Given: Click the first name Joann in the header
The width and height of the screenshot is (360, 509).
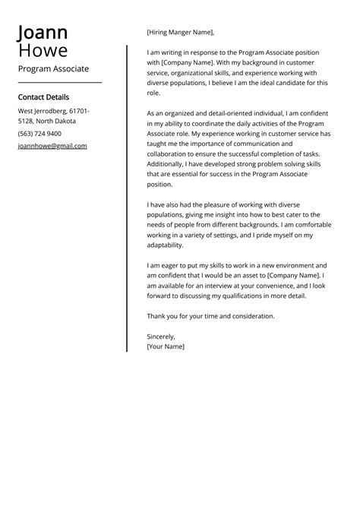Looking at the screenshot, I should [x=43, y=33].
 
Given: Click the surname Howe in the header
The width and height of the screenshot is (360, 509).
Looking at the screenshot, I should [x=43, y=50].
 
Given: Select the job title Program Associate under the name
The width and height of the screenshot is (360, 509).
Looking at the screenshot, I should [x=53, y=68].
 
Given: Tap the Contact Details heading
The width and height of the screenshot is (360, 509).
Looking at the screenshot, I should [x=43, y=97].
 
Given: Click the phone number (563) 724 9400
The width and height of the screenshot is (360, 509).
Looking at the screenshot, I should [x=39, y=134].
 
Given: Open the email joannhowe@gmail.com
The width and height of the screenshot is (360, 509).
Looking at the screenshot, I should [x=52, y=146].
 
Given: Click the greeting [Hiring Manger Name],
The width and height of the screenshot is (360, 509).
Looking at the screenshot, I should [x=180, y=33].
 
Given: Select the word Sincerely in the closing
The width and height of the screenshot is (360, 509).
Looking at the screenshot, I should [x=160, y=336].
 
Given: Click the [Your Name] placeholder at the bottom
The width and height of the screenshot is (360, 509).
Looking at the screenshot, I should [x=165, y=346].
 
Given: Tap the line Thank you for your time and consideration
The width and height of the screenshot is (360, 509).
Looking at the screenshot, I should [x=210, y=316].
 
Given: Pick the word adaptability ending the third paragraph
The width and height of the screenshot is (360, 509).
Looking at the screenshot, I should [x=165, y=245].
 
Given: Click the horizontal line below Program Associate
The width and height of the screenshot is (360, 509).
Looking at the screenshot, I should [x=59, y=81].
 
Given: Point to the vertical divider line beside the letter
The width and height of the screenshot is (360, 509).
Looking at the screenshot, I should [x=127, y=198].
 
